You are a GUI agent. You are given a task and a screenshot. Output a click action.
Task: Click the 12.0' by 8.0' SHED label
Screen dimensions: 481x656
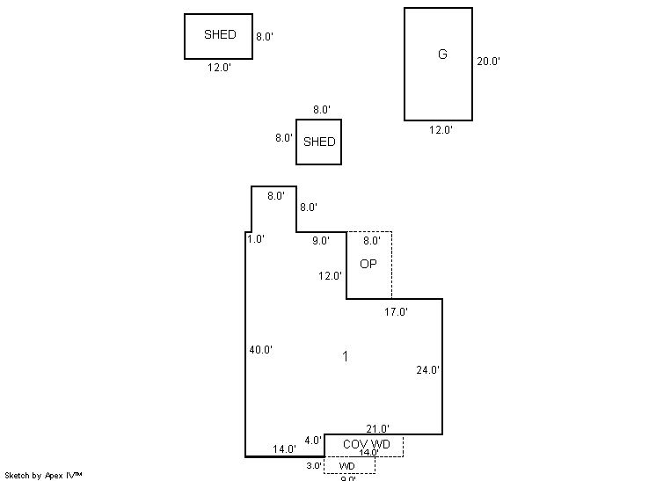(x=220, y=35)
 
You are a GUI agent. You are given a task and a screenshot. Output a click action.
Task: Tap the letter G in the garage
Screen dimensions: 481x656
(x=442, y=55)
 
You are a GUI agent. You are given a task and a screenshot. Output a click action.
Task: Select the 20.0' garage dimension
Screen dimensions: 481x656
(x=488, y=62)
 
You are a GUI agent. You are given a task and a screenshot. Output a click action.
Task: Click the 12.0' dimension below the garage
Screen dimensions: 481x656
(x=441, y=130)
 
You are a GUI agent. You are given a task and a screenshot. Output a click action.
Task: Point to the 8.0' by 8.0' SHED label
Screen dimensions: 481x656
(x=319, y=142)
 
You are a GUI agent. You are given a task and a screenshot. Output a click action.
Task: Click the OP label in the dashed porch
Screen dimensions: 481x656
(x=369, y=264)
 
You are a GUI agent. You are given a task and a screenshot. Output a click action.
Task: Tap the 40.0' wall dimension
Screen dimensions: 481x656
(x=260, y=350)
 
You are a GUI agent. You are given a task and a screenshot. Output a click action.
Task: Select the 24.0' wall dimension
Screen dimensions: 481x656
(x=427, y=371)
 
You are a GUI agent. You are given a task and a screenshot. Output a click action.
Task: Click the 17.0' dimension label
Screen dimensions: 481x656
(x=396, y=312)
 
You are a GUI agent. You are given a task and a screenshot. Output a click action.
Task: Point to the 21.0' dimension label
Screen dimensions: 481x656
(x=377, y=429)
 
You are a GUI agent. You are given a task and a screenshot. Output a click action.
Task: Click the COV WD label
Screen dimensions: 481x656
(x=366, y=444)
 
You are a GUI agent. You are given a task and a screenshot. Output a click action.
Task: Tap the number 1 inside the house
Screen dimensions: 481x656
(x=346, y=356)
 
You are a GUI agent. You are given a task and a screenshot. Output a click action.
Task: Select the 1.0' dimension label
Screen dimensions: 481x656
(x=256, y=239)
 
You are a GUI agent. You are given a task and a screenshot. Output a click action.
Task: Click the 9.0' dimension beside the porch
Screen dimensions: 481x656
(x=320, y=240)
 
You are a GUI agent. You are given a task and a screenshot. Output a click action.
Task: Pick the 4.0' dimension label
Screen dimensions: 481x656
(x=313, y=441)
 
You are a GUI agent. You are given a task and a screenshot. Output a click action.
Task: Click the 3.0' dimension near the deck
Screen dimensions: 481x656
(x=314, y=466)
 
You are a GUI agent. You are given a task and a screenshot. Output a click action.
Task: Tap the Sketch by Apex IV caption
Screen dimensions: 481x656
(x=42, y=475)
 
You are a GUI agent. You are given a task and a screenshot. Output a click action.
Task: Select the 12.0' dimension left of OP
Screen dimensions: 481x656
(x=330, y=276)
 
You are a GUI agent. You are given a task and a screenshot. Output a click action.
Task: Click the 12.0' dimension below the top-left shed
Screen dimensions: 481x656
(x=219, y=68)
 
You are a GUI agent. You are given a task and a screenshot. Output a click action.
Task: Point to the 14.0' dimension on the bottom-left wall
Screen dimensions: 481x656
(x=284, y=449)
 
